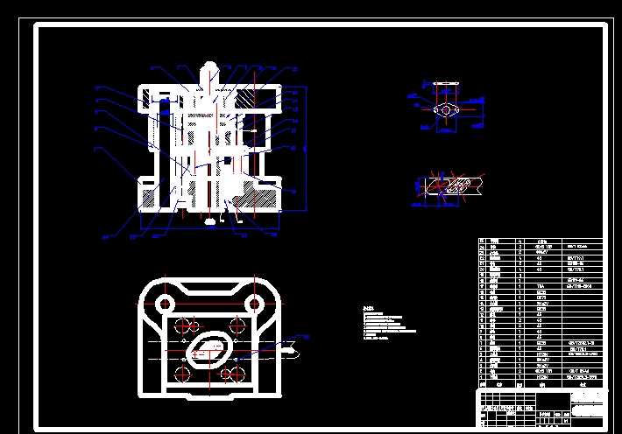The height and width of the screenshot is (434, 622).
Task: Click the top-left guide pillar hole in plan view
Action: click(x=162, y=304)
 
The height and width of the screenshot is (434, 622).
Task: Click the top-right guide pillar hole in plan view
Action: click(x=255, y=304)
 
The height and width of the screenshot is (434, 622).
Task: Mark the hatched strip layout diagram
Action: click(x=449, y=185)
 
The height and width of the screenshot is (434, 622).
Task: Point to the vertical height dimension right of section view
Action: click(x=305, y=149)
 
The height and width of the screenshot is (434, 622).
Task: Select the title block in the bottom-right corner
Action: click(x=541, y=406)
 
